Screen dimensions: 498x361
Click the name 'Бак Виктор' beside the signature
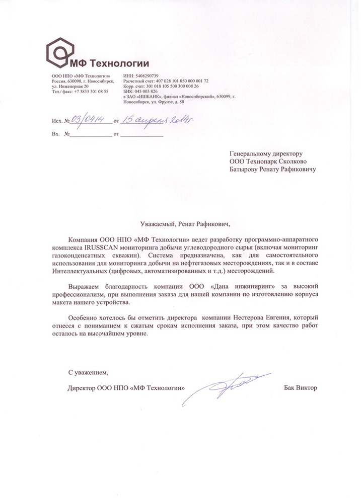[301, 388]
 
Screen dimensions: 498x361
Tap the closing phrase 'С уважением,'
[89, 373]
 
